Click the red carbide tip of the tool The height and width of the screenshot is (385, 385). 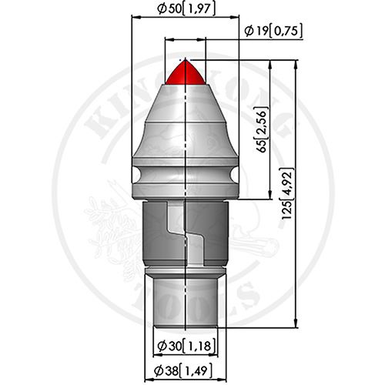[x=186, y=72]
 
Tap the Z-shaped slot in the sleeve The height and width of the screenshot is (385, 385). [x=186, y=233]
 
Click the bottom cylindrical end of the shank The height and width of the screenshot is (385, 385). [x=186, y=303]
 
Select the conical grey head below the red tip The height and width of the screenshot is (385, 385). [x=186, y=121]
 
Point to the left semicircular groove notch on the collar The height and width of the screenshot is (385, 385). [x=136, y=175]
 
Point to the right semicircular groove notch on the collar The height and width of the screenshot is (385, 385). [x=235, y=175]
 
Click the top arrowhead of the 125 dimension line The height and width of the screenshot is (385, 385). [x=296, y=64]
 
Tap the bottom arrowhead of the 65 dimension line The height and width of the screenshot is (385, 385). [x=269, y=195]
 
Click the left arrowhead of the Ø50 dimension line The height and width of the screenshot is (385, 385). [x=136, y=17]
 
